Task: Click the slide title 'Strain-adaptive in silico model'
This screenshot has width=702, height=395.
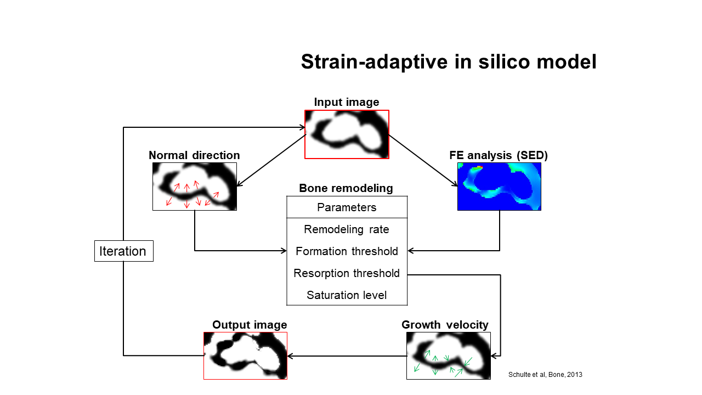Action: pyautogui.click(x=449, y=62)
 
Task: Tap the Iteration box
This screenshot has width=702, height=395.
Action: pyautogui.click(x=124, y=251)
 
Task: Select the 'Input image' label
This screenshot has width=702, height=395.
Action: pyautogui.click(x=347, y=102)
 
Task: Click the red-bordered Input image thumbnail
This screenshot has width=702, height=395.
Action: pyautogui.click(x=347, y=134)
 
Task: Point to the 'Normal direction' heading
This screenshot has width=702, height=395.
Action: pyautogui.click(x=194, y=155)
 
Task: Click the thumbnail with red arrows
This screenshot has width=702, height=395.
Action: pyautogui.click(x=195, y=187)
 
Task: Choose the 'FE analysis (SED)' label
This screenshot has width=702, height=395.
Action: pyautogui.click(x=499, y=155)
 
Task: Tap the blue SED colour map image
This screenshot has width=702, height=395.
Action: pyautogui.click(x=499, y=187)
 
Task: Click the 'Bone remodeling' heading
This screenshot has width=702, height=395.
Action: pyautogui.click(x=346, y=188)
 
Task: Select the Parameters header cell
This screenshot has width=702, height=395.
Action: pyautogui.click(x=347, y=207)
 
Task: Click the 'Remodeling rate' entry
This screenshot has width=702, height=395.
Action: pyautogui.click(x=347, y=229)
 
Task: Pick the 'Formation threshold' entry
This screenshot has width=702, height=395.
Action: pyautogui.click(x=347, y=251)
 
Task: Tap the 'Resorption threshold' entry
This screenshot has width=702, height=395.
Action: pyautogui.click(x=347, y=273)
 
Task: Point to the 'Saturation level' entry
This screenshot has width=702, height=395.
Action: pyautogui.click(x=347, y=295)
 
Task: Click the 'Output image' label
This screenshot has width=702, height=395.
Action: pyautogui.click(x=250, y=325)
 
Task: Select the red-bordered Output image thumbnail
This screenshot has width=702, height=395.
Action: pyautogui.click(x=245, y=356)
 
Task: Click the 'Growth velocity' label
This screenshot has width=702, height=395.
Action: pyautogui.click(x=445, y=325)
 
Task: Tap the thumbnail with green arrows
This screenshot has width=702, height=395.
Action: pyautogui.click(x=449, y=356)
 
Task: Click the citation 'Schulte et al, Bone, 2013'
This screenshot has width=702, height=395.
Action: pyautogui.click(x=545, y=375)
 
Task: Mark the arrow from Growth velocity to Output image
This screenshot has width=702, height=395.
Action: pyautogui.click(x=347, y=356)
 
